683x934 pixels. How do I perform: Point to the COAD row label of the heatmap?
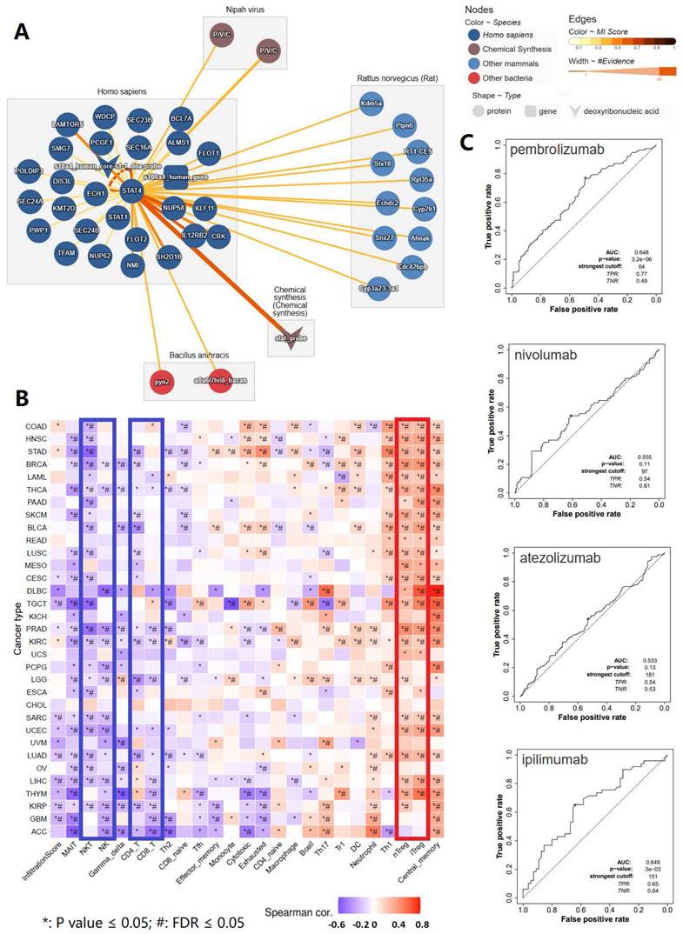coord(37,425)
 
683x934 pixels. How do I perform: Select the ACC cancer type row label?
coord(41,831)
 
